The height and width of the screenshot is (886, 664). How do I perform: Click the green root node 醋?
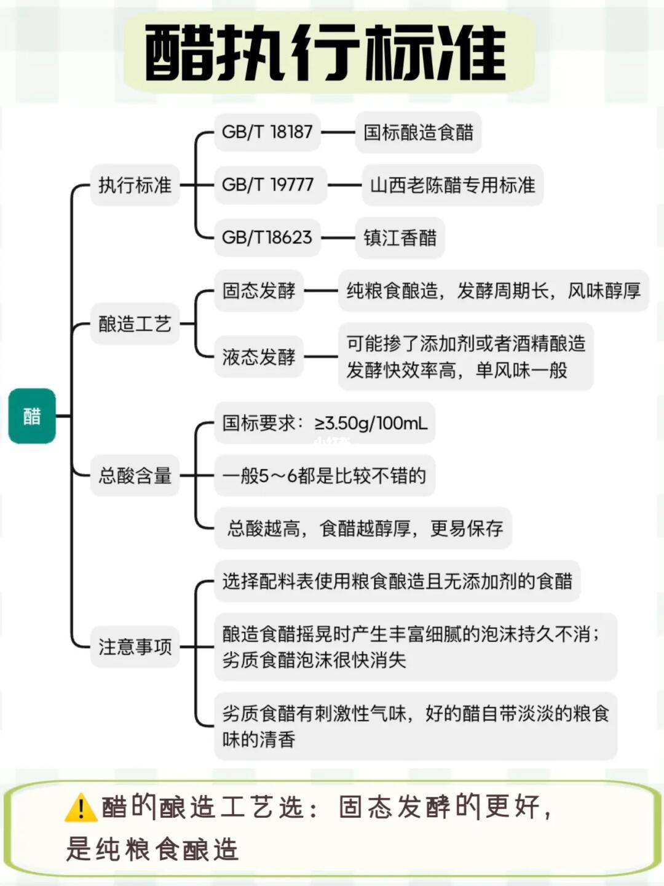pyautogui.click(x=32, y=416)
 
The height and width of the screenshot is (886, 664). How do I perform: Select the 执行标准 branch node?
pyautogui.click(x=135, y=185)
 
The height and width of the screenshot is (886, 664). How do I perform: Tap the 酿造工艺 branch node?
pyautogui.click(x=135, y=324)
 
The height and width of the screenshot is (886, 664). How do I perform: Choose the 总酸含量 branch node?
pyautogui.click(x=135, y=475)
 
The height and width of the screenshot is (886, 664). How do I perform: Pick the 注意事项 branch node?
pyautogui.click(x=135, y=647)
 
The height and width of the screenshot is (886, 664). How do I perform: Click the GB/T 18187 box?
pyautogui.click(x=267, y=132)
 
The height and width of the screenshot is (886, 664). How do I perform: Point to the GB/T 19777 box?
pyautogui.click(x=268, y=185)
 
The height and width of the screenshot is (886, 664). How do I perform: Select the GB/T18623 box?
pyautogui.click(x=267, y=237)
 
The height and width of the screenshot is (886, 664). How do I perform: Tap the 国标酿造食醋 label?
pyautogui.click(x=418, y=132)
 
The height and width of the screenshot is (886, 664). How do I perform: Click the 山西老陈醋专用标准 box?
pyautogui.click(x=453, y=185)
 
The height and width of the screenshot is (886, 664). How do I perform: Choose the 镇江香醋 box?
pyautogui.click(x=400, y=237)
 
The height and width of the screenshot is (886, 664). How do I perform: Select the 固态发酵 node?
pyautogui.click(x=259, y=290)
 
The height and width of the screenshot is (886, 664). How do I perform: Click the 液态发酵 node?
pyautogui.click(x=259, y=357)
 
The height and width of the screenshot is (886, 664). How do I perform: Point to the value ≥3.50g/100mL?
pyautogui.click(x=371, y=423)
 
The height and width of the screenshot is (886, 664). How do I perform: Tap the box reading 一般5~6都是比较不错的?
pyautogui.click(x=324, y=476)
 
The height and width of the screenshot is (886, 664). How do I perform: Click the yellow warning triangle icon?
pyautogui.click(x=81, y=808)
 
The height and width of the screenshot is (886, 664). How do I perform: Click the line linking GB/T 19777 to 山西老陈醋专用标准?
pyautogui.click(x=344, y=185)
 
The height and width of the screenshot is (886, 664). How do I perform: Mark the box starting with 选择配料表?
pyautogui.click(x=397, y=581)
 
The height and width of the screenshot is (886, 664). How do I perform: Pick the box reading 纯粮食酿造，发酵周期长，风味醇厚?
pyautogui.click(x=493, y=290)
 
